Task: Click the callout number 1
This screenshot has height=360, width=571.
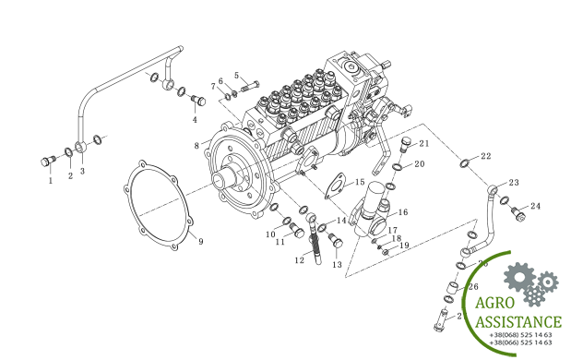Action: pos(51,181)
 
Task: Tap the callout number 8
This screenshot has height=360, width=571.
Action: pos(196,146)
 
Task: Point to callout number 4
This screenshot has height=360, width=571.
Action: pos(195,120)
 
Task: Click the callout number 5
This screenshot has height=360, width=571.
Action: pos(236,76)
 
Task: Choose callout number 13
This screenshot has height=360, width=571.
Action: pos(337,265)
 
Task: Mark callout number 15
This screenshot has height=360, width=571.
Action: pos(359,184)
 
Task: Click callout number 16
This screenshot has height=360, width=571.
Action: pos(403,212)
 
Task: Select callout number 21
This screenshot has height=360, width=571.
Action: pos(424,144)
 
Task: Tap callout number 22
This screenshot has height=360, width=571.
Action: pos(486,156)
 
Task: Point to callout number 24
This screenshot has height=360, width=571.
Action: pos(535,206)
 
